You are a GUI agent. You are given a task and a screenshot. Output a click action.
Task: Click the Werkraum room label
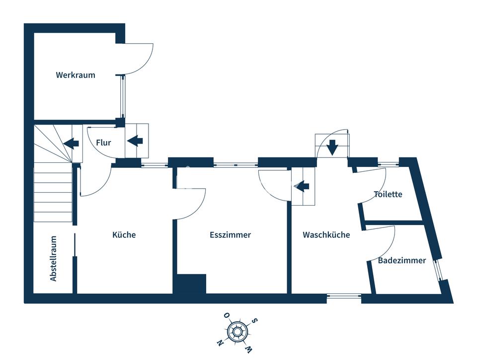click(76, 75)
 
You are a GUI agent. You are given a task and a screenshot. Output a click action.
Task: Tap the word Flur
click(103, 143)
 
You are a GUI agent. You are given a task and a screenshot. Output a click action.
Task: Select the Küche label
click(124, 235)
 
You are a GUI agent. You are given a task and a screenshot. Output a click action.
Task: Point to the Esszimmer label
click(230, 235)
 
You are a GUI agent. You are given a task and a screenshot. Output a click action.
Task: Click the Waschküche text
click(326, 235)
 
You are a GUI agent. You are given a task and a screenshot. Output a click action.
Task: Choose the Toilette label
click(388, 194)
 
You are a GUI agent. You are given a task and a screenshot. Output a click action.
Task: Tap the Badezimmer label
click(401, 260)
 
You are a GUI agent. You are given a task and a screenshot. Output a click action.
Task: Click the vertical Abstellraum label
click(54, 259)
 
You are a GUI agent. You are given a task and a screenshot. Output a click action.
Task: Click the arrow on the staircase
click(72, 144)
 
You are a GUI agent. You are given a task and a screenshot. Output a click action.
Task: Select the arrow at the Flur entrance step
click(135, 141)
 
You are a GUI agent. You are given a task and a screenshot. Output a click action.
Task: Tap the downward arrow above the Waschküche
click(332, 146)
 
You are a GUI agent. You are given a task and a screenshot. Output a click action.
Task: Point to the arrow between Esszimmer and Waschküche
click(302, 186)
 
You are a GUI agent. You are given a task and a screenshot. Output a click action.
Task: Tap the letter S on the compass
click(255, 321)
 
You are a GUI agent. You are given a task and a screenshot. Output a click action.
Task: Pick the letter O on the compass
click(226, 315)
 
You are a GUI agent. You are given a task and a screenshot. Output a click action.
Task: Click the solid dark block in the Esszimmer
click(190, 284)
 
